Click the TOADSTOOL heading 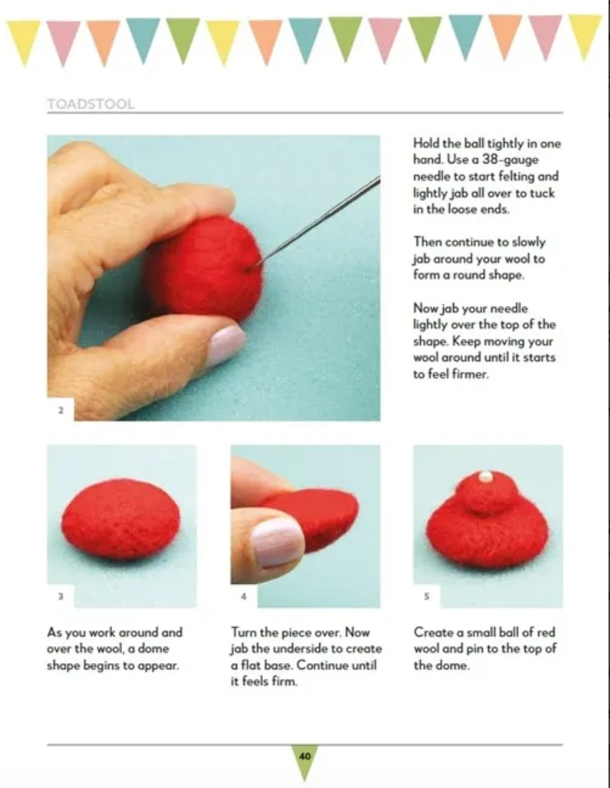pos(90,104)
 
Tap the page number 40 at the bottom pos(304,756)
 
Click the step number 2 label pos(61,410)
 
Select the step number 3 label pos(61,597)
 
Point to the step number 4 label pos(244,597)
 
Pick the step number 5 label pos(427,597)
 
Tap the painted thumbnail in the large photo pos(225,344)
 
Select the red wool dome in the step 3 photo pos(120,520)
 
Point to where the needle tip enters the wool pos(256,263)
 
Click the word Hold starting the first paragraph pos(426,144)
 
